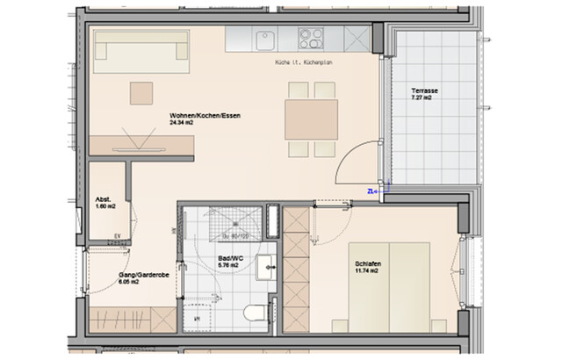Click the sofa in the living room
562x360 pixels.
[143, 52]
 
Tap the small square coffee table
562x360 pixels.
[140, 91]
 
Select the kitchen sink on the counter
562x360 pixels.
[263, 39]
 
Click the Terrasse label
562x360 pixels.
[426, 93]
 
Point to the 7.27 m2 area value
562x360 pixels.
[425, 101]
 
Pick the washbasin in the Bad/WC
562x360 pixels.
[263, 270]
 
